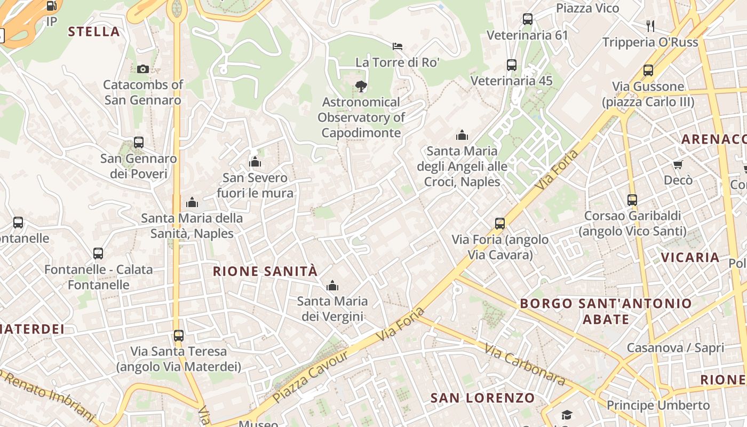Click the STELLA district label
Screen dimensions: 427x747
click(94, 31)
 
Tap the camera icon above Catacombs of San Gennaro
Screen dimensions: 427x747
click(143, 69)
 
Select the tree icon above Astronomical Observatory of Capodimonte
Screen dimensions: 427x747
click(361, 86)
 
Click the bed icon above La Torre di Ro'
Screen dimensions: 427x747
click(398, 46)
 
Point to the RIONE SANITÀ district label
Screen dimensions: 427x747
click(265, 271)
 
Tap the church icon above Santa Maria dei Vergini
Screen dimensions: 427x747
click(332, 286)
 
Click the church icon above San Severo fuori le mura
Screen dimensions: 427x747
click(255, 161)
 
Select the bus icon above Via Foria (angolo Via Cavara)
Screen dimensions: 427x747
click(500, 224)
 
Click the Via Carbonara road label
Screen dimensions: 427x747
click(525, 365)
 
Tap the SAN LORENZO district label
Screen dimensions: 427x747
click(482, 398)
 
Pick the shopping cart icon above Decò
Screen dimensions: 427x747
click(678, 164)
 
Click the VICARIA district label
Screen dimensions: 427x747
click(690, 257)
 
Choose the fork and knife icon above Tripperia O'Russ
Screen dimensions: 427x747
click(650, 26)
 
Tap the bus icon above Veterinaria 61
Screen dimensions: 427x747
click(528, 19)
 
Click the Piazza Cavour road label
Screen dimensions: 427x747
click(311, 376)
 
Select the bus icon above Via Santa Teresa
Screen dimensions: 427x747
click(179, 336)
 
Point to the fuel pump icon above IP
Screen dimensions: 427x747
click(51, 6)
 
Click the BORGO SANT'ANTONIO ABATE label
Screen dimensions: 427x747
click(606, 311)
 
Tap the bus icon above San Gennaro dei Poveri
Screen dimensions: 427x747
click(139, 143)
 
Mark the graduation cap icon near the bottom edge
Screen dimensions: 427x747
click(566, 415)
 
